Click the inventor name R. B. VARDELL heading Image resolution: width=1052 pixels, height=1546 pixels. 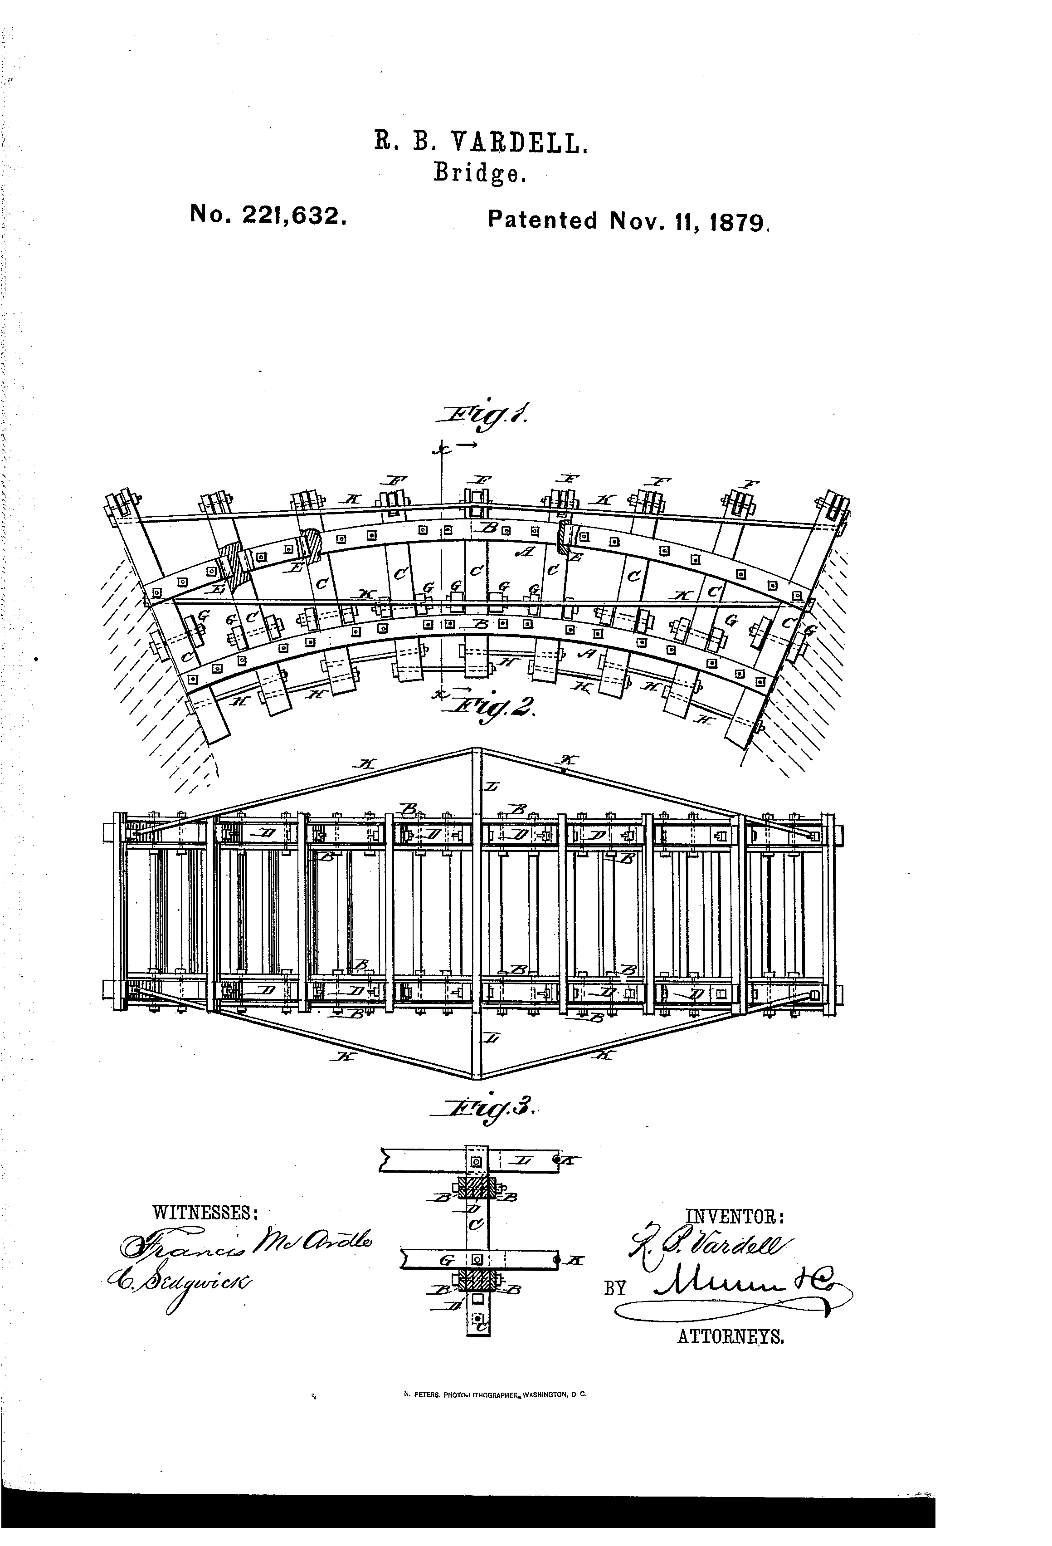click(x=481, y=143)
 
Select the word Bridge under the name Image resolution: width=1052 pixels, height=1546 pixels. click(x=480, y=174)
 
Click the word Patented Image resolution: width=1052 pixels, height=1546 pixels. click(x=543, y=220)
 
